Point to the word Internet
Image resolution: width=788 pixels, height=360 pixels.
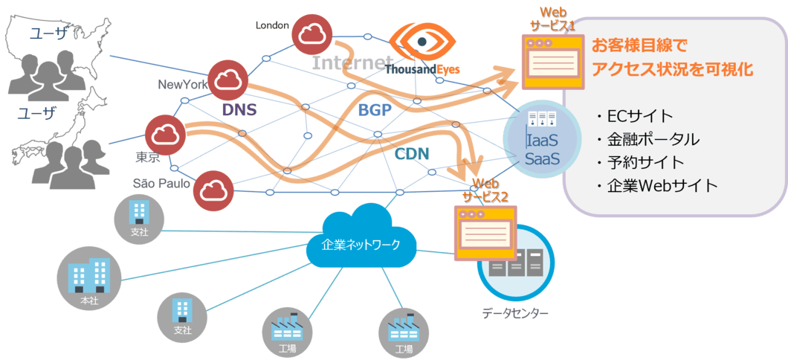click(352, 62)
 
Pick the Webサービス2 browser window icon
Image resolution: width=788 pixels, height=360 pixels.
click(484, 232)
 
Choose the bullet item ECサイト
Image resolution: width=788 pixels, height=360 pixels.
click(635, 116)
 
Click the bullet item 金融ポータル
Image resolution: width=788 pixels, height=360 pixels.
click(647, 139)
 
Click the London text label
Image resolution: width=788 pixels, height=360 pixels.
click(272, 25)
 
